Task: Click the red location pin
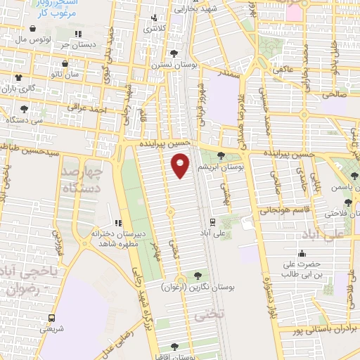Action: (181, 165)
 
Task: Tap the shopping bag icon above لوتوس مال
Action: (34, 29)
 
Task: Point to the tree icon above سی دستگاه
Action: (25, 109)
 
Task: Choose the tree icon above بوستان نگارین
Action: (197, 276)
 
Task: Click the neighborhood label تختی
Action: (210, 316)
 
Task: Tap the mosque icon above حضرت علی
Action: (303, 253)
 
